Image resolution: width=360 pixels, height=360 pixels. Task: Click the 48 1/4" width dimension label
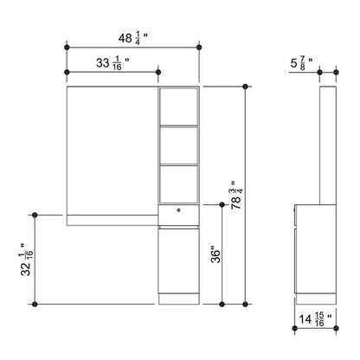pos(133,38)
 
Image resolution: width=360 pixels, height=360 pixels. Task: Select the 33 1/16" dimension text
pos(112,63)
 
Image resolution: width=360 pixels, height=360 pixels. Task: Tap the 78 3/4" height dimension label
pos(236,196)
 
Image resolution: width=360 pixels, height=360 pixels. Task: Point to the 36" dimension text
pos(215,254)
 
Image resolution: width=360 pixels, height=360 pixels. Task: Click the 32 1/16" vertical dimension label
pos(27,260)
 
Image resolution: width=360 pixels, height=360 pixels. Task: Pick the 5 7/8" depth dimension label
pos(301,63)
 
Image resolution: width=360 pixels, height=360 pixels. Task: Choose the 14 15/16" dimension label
pos(315,319)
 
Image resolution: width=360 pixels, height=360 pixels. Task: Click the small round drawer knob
pos(179,210)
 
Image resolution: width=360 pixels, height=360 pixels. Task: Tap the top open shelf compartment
pos(179,106)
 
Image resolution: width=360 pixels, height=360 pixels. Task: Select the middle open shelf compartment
pos(179,145)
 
